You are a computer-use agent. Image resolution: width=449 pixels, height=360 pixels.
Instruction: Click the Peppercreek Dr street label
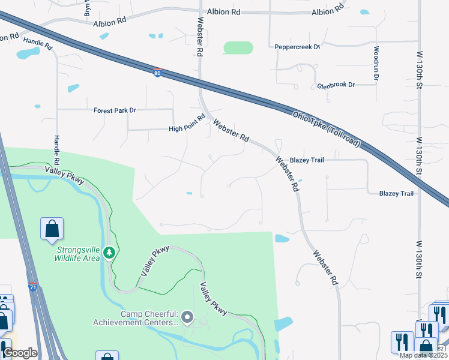[297, 47]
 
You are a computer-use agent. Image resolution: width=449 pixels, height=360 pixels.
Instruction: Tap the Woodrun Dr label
[376, 63]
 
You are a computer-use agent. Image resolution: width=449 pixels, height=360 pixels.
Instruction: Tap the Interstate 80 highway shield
[157, 73]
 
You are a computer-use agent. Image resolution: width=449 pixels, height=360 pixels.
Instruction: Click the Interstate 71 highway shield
[33, 287]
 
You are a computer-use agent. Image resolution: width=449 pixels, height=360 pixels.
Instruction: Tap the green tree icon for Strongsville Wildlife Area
[109, 253]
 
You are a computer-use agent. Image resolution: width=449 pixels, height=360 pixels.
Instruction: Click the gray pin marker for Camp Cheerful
[188, 317]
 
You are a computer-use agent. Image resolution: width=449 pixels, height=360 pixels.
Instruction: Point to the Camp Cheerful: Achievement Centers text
[136, 318]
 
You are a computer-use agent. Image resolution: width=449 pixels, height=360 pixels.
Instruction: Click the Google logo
[20, 353]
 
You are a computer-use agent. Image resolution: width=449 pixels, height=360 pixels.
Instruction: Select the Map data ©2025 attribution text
[423, 355]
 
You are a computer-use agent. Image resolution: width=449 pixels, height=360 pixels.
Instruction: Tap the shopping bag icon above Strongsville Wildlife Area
[52, 228]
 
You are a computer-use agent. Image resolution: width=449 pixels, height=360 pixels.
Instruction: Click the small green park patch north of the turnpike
[238, 47]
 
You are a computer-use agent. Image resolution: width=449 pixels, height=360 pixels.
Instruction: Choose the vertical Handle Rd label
[57, 149]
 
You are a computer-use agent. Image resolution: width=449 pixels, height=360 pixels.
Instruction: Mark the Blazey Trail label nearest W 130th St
[396, 193]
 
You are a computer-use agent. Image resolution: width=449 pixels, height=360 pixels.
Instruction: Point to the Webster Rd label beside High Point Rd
[231, 130]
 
